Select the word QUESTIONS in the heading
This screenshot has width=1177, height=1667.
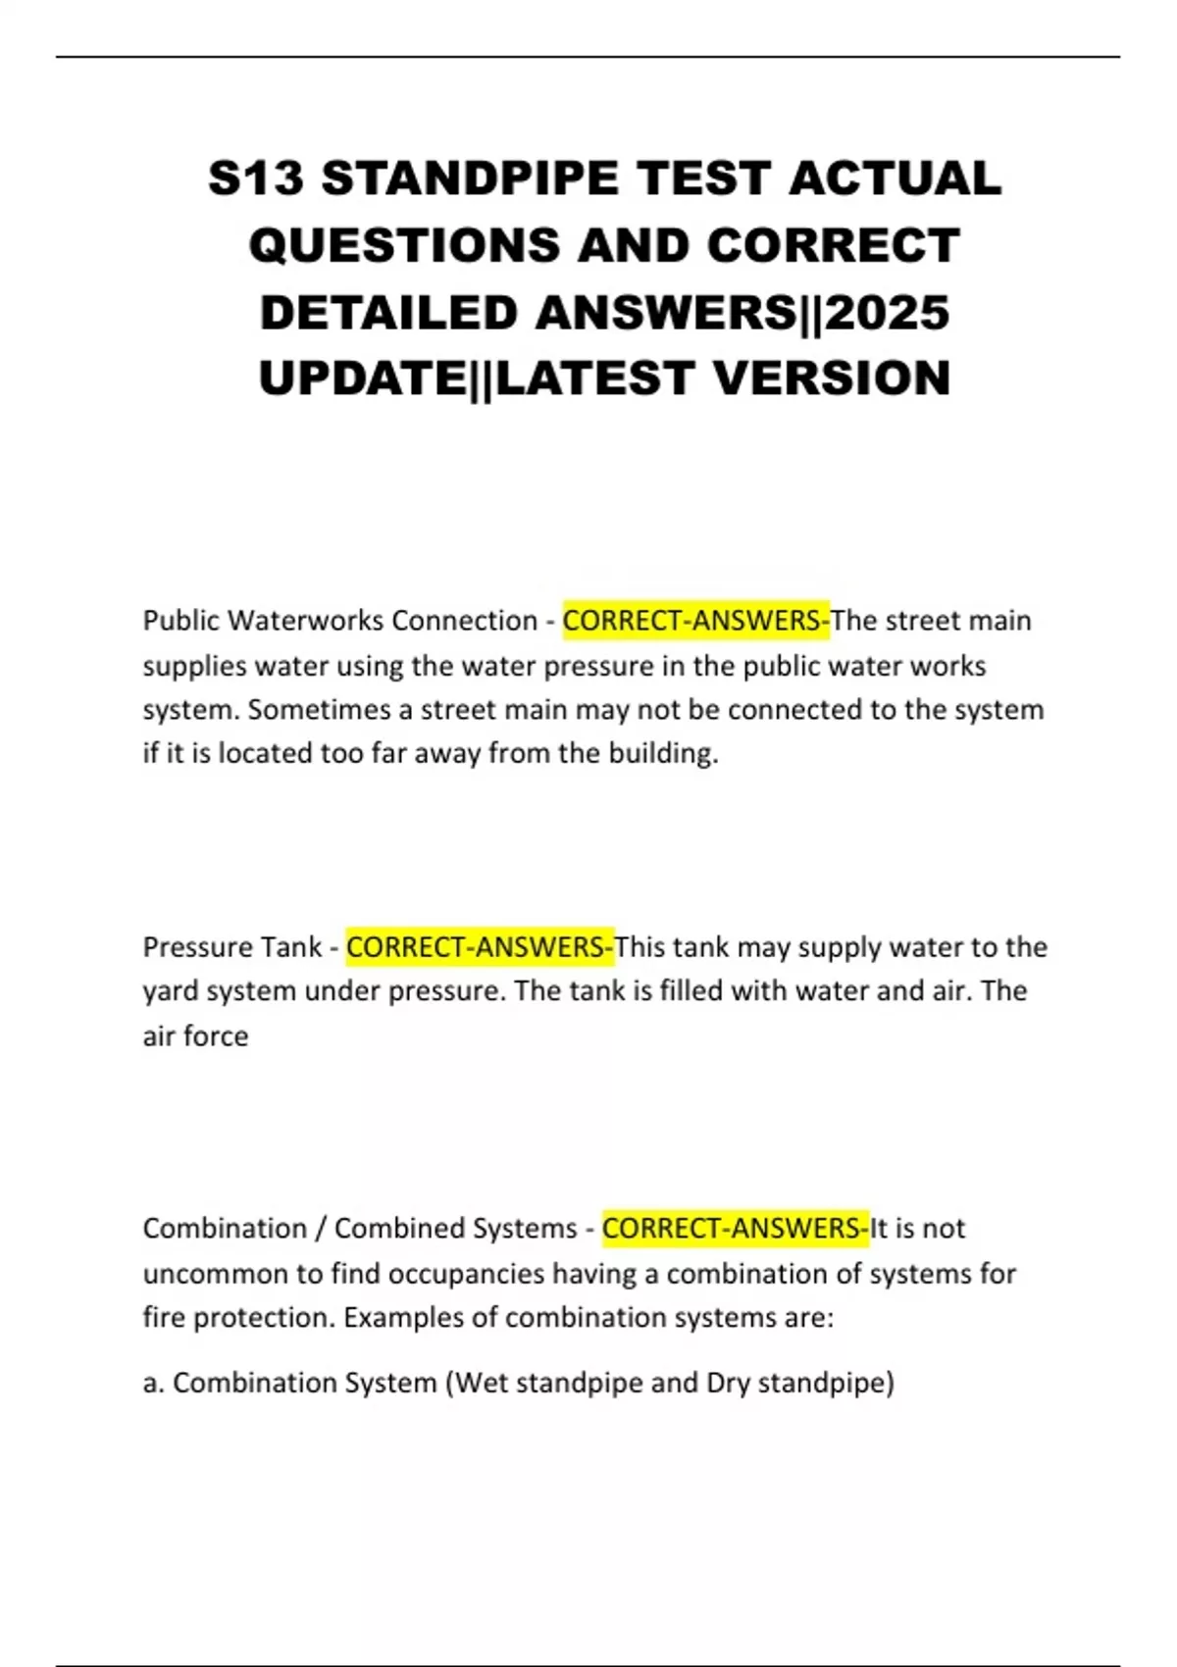click(x=405, y=245)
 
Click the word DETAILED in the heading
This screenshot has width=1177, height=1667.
click(x=388, y=313)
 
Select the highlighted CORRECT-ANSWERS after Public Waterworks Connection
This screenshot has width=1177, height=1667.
click(x=695, y=621)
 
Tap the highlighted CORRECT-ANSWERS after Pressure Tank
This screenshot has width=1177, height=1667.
click(x=480, y=947)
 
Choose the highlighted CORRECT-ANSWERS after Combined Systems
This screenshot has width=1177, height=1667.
click(x=735, y=1229)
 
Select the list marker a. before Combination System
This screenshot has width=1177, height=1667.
click(x=152, y=1383)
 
